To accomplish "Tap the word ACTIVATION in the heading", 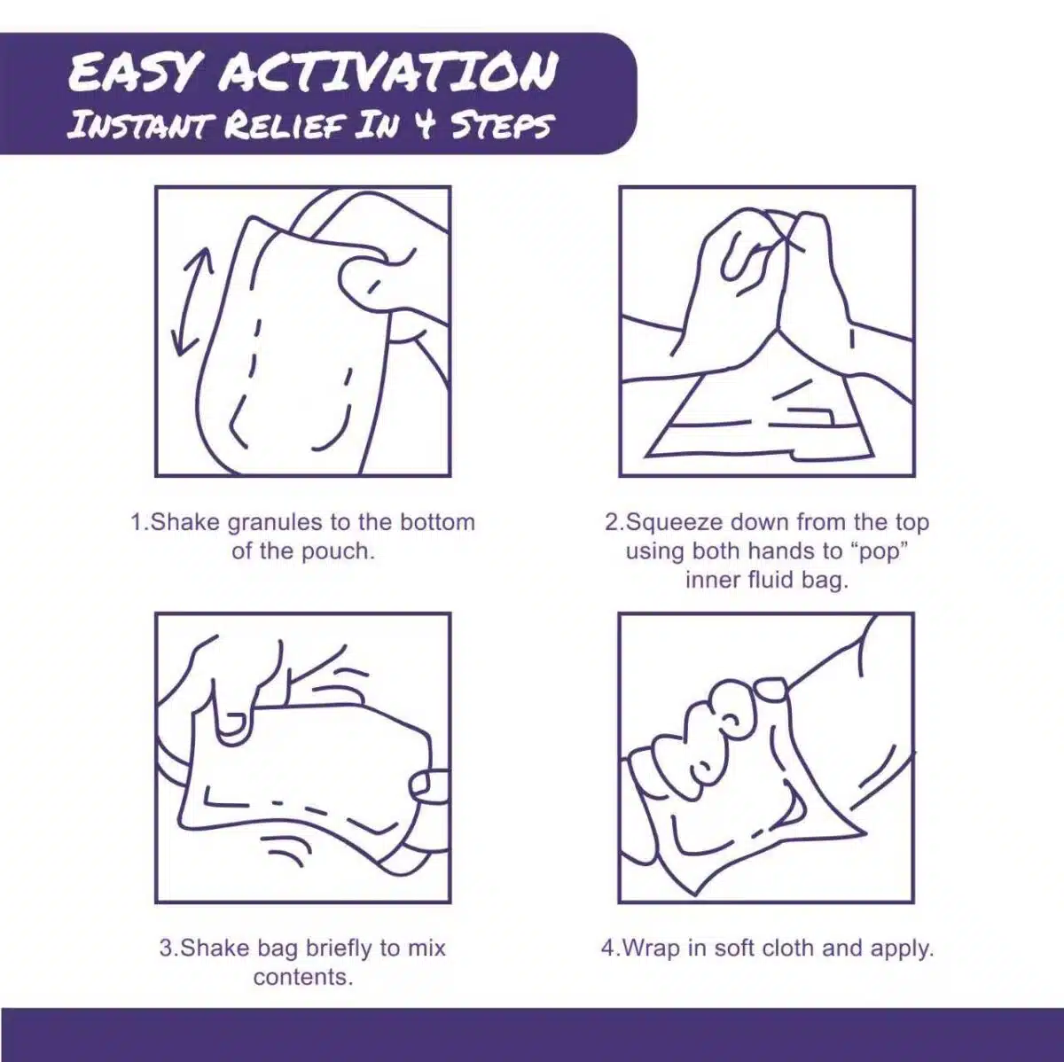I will pyautogui.click(x=388, y=73).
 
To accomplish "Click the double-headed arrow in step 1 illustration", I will pyautogui.click(x=192, y=301).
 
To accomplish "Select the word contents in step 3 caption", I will pyautogui.click(x=301, y=978).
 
